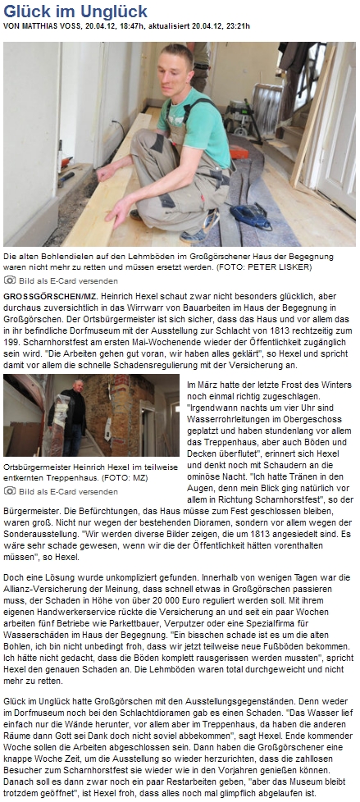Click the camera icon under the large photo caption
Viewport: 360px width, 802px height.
tap(10, 280)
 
